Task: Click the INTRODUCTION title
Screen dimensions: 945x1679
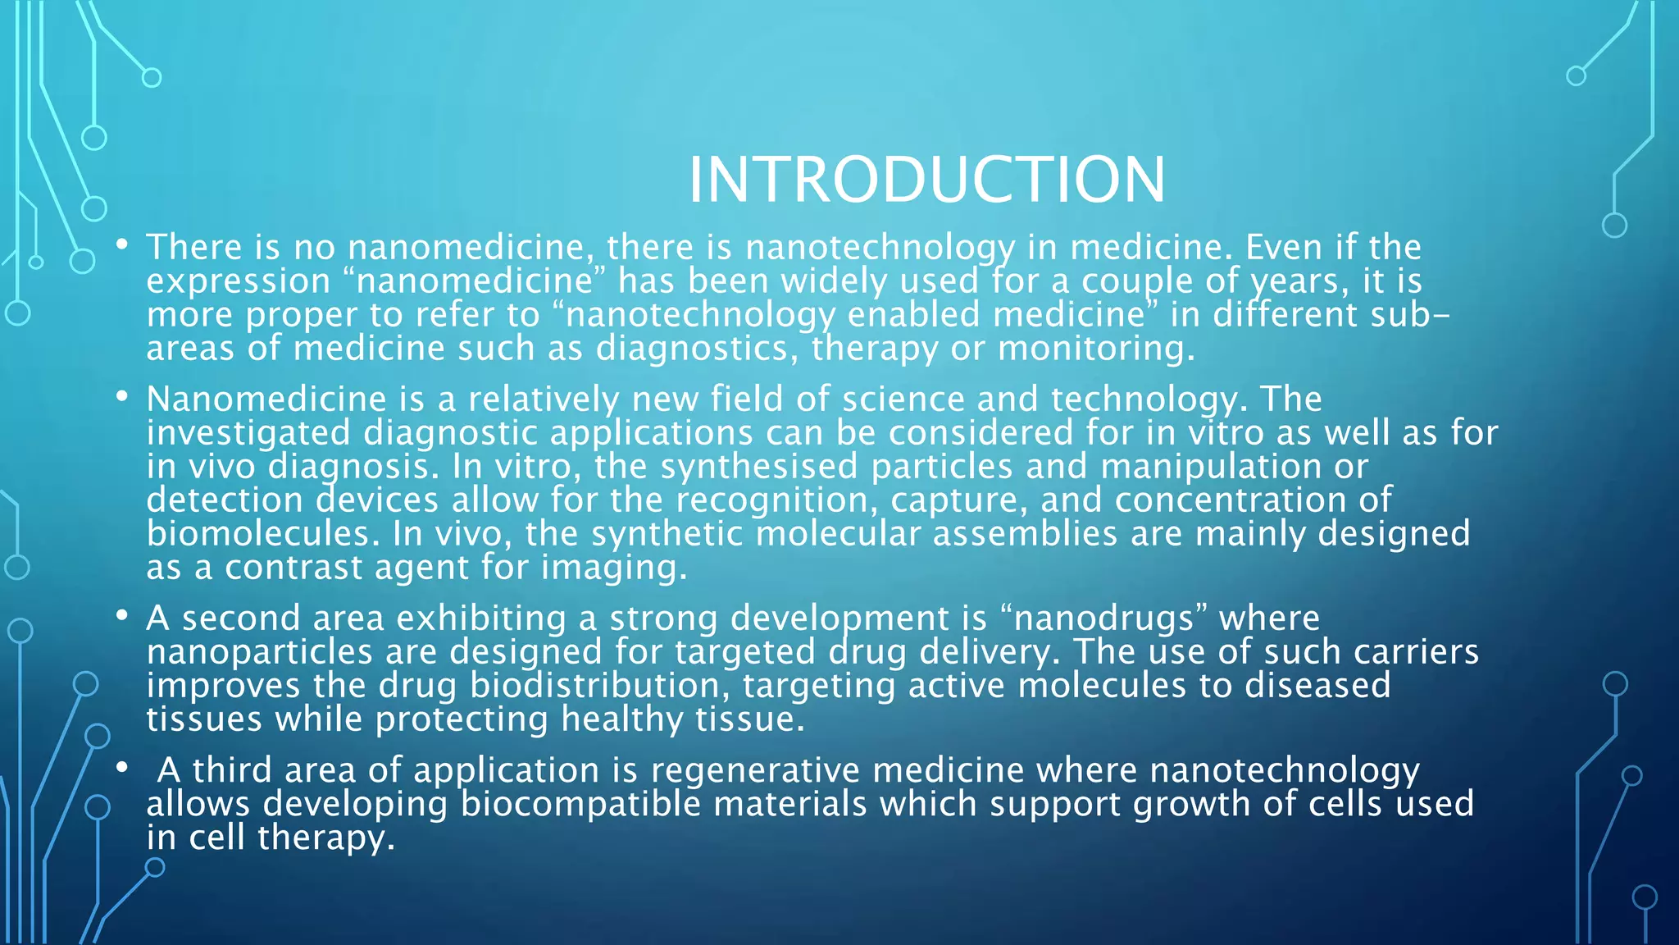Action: point(926,180)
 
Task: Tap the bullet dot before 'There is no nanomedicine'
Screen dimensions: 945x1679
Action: point(122,244)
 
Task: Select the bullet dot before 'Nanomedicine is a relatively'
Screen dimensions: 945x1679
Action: point(122,397)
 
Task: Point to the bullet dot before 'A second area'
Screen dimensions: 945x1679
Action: point(122,615)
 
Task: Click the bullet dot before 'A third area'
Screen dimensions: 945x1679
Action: point(122,768)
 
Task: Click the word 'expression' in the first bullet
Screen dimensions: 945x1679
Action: point(239,282)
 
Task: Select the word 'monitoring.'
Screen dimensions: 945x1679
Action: point(1096,349)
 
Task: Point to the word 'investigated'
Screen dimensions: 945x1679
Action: point(248,433)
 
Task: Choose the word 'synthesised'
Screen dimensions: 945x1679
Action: point(758,467)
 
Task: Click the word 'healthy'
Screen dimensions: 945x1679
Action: point(621,719)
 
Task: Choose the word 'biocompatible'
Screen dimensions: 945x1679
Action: point(580,804)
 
